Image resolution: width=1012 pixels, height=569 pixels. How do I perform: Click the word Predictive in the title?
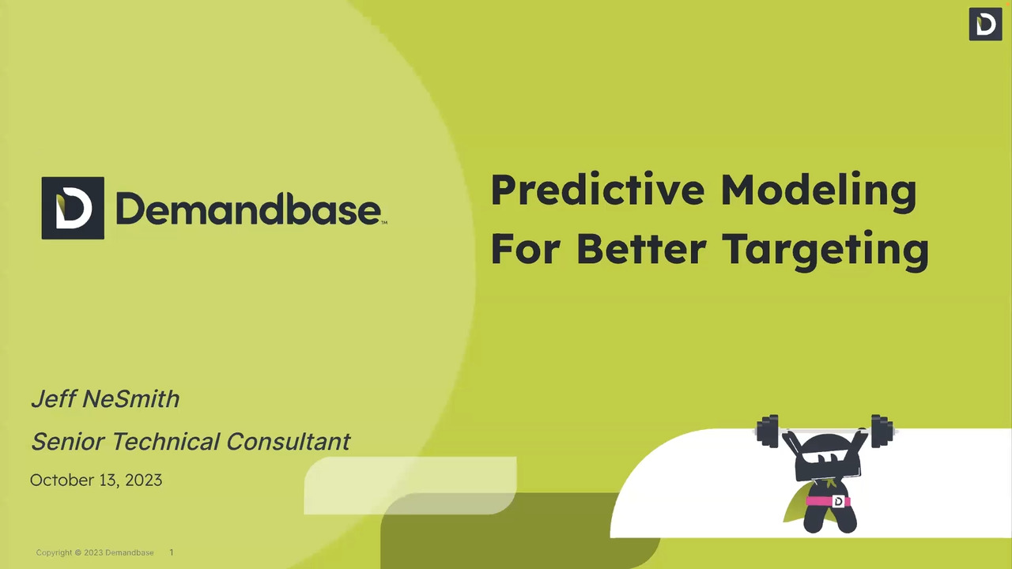[598, 190]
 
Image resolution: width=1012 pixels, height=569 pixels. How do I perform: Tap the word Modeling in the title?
[818, 191]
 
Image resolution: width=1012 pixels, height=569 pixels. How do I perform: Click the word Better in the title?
[641, 248]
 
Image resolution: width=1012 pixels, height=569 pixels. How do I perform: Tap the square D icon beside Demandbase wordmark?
[73, 208]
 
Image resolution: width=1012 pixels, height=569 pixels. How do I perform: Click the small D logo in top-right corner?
[985, 24]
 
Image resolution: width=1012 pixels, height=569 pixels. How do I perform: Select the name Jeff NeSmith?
[105, 399]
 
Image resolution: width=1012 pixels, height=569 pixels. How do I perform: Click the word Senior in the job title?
[68, 441]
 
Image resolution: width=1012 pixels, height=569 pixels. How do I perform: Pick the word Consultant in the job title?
[289, 441]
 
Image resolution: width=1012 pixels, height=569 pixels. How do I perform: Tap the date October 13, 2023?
[96, 480]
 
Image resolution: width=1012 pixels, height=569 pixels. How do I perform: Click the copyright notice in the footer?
[95, 552]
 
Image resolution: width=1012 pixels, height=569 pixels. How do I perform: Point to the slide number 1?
[172, 552]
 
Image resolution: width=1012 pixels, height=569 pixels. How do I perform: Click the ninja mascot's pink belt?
[828, 501]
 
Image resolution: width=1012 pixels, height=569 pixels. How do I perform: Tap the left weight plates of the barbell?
[767, 431]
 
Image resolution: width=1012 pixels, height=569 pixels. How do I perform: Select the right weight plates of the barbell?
[882, 431]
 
